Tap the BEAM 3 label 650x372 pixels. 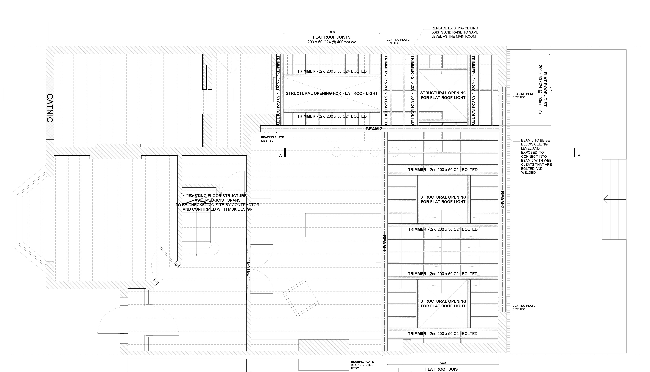[x=374, y=129]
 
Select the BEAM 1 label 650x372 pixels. [x=384, y=243]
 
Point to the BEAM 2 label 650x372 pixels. [x=502, y=200]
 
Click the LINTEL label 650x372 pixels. [x=249, y=269]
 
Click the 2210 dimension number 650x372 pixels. [x=551, y=90]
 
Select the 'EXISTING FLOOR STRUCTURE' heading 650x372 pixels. [x=217, y=196]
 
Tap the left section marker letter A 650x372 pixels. [x=280, y=156]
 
